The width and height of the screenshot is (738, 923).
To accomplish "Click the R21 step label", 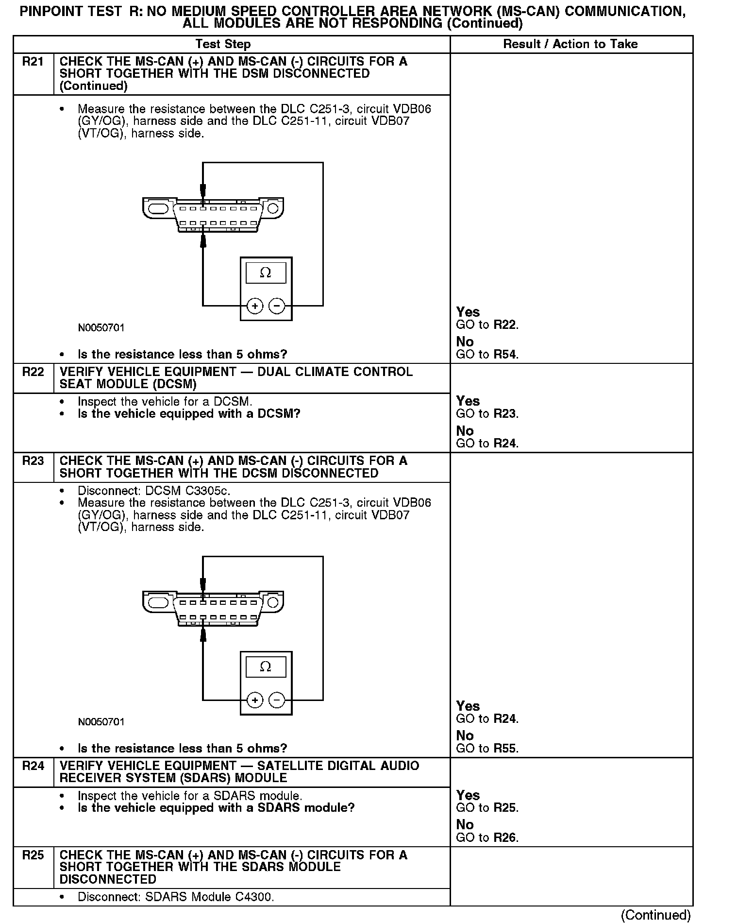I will (x=33, y=62).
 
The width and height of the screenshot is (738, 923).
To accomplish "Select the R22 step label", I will (x=33, y=373).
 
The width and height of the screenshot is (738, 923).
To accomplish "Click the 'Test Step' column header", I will (x=223, y=44).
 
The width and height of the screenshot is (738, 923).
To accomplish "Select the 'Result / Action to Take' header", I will (x=570, y=44).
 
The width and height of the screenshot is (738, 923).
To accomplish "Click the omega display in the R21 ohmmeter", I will (x=266, y=273).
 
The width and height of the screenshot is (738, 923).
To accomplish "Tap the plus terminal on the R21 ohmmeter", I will (x=255, y=306).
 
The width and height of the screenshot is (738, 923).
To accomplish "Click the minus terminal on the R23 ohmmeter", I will (x=277, y=700).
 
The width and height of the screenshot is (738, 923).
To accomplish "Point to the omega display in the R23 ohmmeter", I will (x=266, y=667).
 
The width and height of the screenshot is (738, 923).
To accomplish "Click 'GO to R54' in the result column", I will (x=487, y=355).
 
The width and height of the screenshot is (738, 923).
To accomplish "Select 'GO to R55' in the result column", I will (x=487, y=749).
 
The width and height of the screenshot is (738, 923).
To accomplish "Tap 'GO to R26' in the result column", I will (x=487, y=838).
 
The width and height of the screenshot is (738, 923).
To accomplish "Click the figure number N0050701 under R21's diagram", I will (x=101, y=328).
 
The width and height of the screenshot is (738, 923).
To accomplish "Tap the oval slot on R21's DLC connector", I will (x=158, y=209).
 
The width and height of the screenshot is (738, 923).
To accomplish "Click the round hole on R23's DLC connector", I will (x=273, y=603).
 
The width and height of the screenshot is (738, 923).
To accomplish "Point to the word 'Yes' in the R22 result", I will (x=468, y=401).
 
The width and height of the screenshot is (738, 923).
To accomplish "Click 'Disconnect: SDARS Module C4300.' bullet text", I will (x=176, y=897).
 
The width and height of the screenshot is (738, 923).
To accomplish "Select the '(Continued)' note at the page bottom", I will (x=655, y=915).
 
